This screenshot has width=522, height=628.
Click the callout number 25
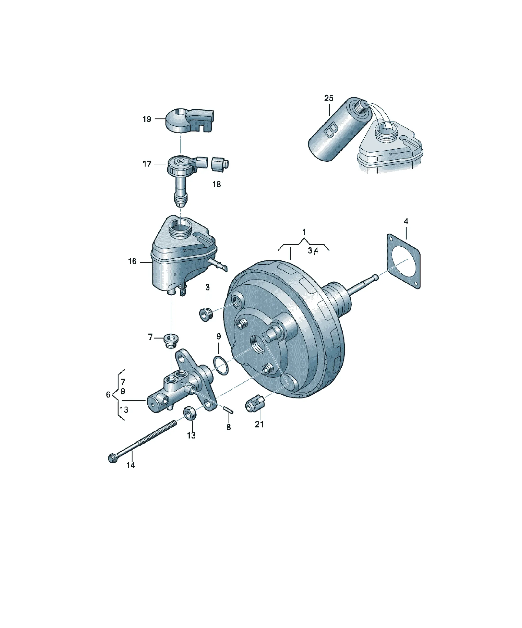328,98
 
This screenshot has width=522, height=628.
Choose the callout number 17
147,164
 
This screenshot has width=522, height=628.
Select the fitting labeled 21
254,402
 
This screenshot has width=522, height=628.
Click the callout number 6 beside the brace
108,394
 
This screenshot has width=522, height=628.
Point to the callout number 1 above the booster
304,231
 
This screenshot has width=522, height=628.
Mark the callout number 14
130,473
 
